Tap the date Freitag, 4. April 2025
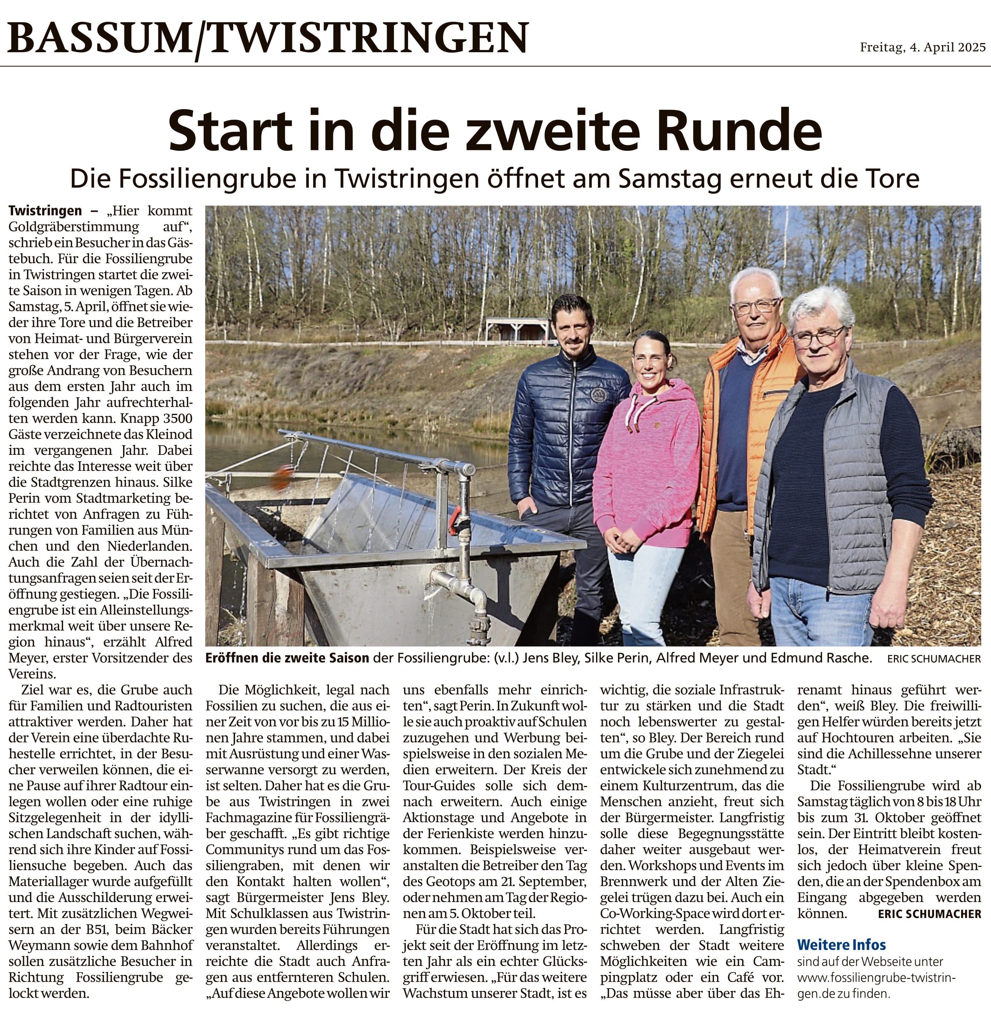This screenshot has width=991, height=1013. pos(922,47)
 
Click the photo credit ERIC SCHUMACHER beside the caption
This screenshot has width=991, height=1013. pos(934,659)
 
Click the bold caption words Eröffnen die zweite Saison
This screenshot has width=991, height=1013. pos(287,658)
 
